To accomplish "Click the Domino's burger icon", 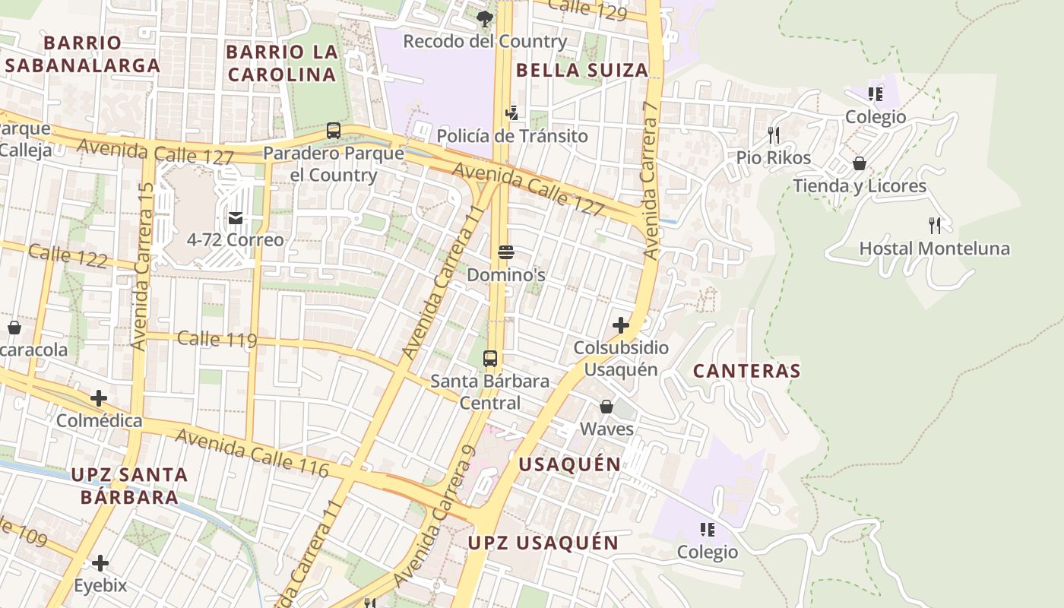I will click(506, 252).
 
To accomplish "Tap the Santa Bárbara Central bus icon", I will click(490, 358).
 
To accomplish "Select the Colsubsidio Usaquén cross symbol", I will click(621, 325).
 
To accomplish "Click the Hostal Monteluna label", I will click(934, 249).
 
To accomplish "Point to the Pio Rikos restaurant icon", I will click(774, 135).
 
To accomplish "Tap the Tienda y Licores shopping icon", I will click(860, 163).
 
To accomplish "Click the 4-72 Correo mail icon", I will click(236, 218).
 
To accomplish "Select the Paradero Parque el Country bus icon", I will click(333, 130).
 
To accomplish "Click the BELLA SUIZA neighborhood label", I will click(582, 71).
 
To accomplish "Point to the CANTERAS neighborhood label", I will click(747, 371).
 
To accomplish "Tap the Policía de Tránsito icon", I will click(512, 113).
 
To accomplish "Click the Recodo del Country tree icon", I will click(484, 18).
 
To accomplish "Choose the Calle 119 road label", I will click(217, 339).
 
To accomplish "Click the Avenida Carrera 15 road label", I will click(142, 266).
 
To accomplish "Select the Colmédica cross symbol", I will click(99, 398).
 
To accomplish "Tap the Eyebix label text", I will click(100, 586).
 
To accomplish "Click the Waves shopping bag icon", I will click(606, 407).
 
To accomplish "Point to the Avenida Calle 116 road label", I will click(252, 453).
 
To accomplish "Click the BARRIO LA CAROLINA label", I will click(282, 63).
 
